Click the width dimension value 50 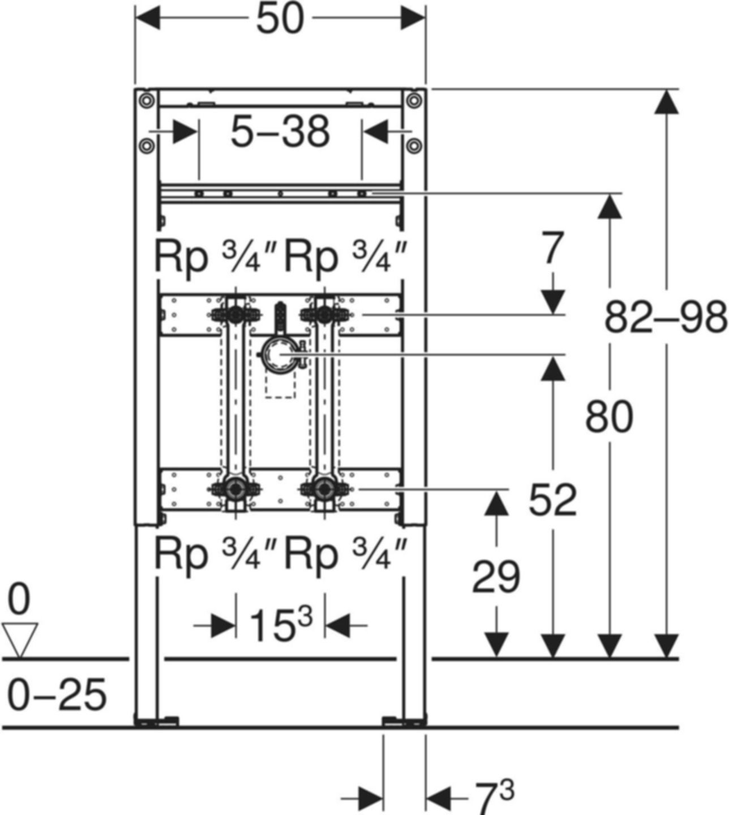tap(280, 20)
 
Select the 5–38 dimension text tap(280, 132)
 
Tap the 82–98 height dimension tap(666, 318)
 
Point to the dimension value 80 tap(609, 417)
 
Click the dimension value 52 tap(552, 500)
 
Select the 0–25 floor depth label tap(57, 694)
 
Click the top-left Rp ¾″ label tap(215, 257)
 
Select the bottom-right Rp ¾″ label tap(345, 555)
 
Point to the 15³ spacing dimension tap(281, 626)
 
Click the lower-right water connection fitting tap(324, 488)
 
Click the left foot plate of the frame tap(157, 720)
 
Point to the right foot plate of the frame tap(404, 720)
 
